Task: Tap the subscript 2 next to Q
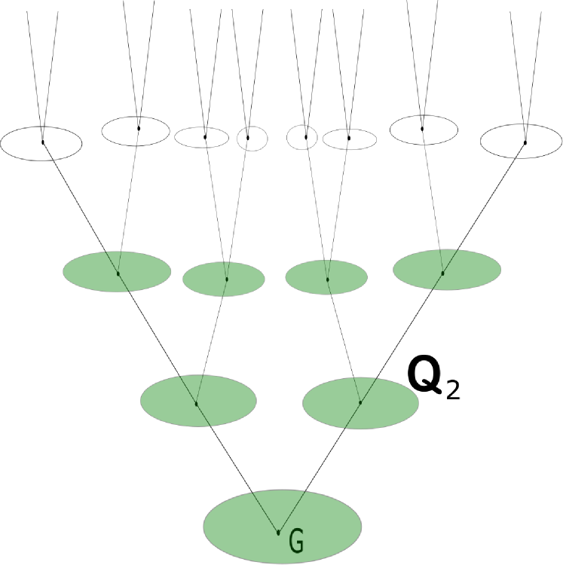pos(453,391)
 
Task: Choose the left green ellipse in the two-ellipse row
pos(198,399)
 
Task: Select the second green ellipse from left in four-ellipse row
pos(224,278)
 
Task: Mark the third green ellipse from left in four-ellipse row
pos(326,276)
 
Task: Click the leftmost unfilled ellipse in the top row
pos(41,143)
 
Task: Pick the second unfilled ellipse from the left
pos(136,130)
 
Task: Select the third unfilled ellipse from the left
pos(201,137)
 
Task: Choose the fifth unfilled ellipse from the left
pos(302,136)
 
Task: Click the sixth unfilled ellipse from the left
pos(350,139)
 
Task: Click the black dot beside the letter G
pos(278,533)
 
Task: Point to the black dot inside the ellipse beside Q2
pos(360,402)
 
